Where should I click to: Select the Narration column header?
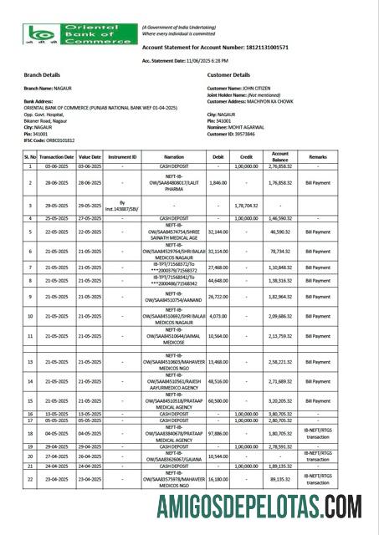pos(174,156)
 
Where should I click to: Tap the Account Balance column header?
pos(280,156)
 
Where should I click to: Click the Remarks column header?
pos(318,156)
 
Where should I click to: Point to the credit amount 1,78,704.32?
pos(248,204)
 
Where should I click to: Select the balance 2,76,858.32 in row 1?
pos(280,166)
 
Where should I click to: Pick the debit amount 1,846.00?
pos(218,181)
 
